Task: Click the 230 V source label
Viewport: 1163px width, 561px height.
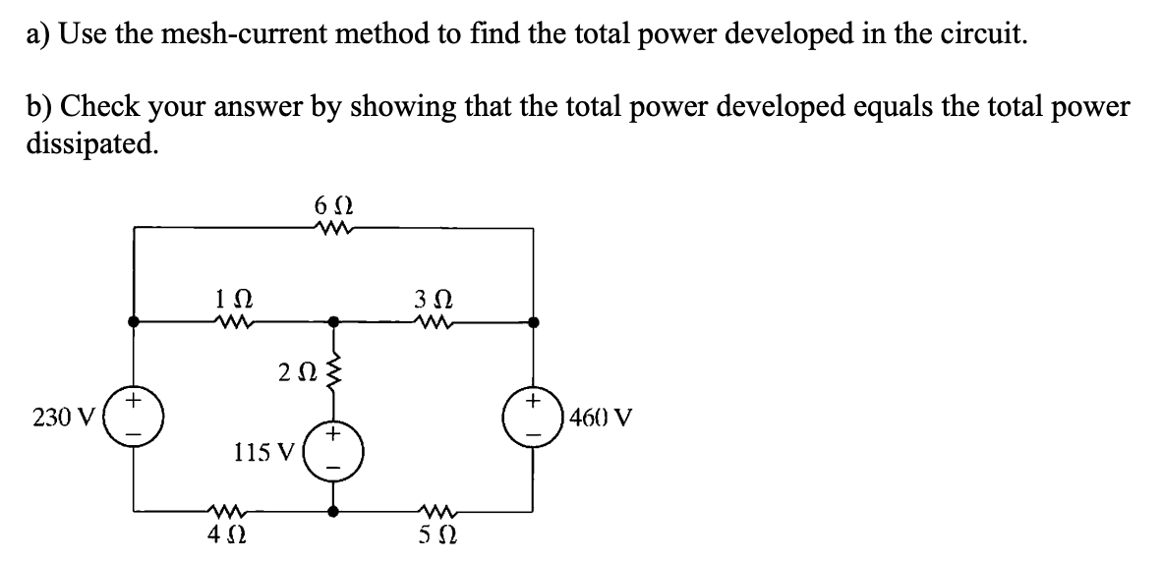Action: tap(62, 418)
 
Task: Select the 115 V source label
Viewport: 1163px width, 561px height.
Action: tap(263, 453)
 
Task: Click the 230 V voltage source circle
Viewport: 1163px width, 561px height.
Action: tap(135, 416)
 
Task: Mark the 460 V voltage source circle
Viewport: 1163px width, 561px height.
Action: tap(533, 416)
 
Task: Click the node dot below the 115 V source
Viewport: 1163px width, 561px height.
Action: tap(334, 511)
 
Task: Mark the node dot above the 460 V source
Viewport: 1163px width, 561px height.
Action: tap(533, 320)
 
